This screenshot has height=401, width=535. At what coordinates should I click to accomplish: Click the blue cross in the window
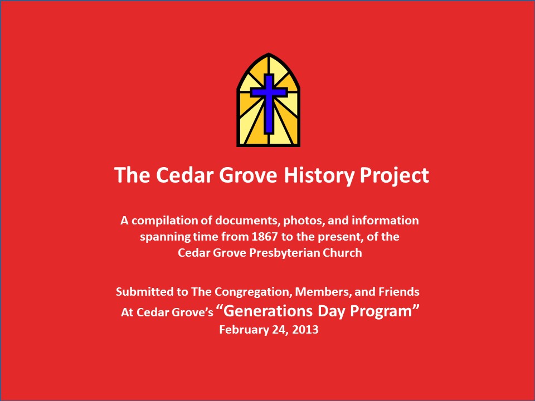269,102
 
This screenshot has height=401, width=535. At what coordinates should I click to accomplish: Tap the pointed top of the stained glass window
269,53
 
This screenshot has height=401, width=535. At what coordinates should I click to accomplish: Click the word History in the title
319,175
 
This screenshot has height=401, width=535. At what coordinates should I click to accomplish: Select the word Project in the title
395,175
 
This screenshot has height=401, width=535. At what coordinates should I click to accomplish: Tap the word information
385,221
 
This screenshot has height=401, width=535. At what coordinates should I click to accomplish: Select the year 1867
264,237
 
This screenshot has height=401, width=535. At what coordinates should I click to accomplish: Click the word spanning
165,237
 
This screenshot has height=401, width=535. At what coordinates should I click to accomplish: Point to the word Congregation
253,292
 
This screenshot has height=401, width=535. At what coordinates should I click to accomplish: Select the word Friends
399,291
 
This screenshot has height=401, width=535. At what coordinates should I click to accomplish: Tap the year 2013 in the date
305,329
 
